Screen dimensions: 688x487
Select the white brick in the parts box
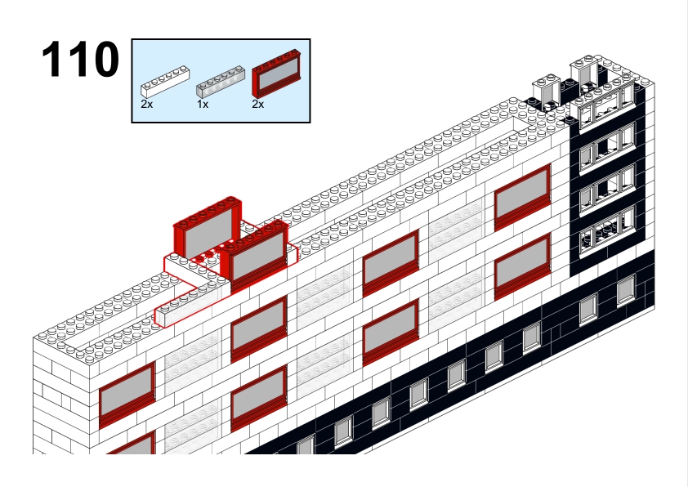coord(165,82)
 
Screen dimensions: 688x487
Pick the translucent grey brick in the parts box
coord(220,82)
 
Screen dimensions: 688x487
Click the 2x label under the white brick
coord(147,104)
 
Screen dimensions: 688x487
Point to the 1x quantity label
coord(203,104)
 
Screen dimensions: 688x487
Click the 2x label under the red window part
coord(258,104)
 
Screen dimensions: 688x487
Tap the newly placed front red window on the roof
coord(255,254)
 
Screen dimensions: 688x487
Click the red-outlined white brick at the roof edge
coord(191,304)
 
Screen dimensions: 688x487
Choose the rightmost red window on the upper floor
coord(522,198)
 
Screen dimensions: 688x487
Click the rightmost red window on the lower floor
coord(522,266)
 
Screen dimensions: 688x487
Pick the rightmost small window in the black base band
coord(626,289)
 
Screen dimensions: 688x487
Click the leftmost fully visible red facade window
coord(127,395)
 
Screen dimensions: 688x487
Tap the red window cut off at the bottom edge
coord(132,443)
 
